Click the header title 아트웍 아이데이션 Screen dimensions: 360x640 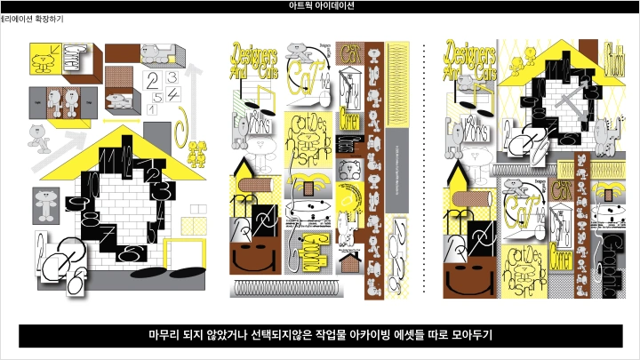coord(320,5)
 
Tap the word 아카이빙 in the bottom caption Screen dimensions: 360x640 coord(394,335)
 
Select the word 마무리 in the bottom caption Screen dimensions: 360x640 coord(166,335)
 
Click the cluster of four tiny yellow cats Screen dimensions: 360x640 coord(196,153)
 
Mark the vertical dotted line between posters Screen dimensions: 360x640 coord(425,169)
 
